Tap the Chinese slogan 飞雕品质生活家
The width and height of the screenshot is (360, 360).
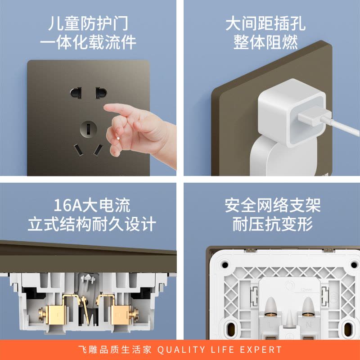(116, 350)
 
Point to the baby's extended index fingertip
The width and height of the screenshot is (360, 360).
(108, 108)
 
